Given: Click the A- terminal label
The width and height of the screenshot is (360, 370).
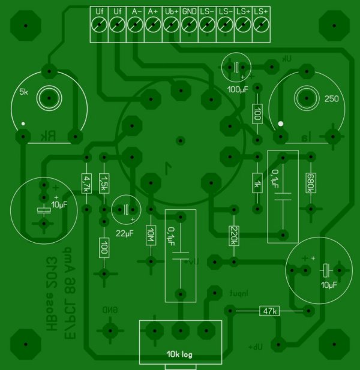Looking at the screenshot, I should click(135, 11).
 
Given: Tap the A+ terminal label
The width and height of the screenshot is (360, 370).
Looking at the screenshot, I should click(153, 11).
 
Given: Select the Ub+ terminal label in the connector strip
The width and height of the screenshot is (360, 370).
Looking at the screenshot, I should click(171, 11).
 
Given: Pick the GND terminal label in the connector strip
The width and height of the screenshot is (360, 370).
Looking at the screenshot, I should click(189, 11).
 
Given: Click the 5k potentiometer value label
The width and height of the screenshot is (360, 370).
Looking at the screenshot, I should click(23, 92).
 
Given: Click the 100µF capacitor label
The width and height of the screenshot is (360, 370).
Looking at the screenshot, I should click(238, 89).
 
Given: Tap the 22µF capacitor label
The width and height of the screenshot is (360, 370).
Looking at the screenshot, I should click(125, 233).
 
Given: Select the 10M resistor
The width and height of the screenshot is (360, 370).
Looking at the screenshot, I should click(151, 236).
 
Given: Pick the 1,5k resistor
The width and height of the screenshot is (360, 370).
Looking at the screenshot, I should click(104, 182).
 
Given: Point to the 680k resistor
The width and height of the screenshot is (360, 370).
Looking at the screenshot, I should click(310, 183).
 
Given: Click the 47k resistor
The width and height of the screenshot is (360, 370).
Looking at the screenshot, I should click(268, 311).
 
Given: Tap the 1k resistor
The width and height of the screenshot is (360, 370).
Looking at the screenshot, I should click(257, 183).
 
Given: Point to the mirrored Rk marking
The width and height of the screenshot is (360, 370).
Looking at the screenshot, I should click(48, 137).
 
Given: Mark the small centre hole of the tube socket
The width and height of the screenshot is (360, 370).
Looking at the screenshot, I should click(179, 141).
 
